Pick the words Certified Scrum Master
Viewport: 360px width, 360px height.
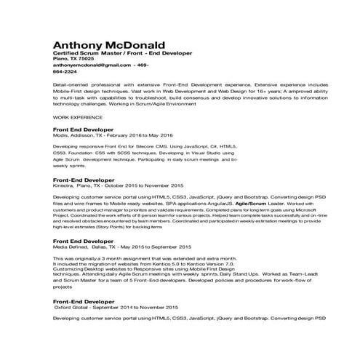point(85,53)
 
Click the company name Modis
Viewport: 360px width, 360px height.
point(60,135)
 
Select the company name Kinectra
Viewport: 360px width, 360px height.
point(63,185)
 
